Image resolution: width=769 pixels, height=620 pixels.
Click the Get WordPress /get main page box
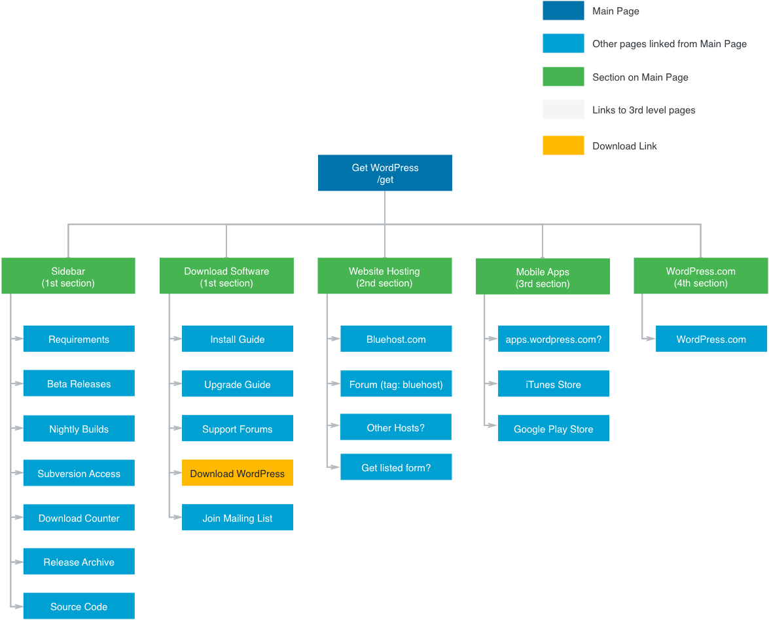[384, 173]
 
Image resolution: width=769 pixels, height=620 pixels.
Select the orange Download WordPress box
[238, 473]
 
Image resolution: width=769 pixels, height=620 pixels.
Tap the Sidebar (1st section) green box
[68, 277]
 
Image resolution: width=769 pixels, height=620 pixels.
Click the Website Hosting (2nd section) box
[384, 277]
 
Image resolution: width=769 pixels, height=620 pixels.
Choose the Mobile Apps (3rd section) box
[543, 277]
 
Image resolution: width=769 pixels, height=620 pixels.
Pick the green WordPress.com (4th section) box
[700, 277]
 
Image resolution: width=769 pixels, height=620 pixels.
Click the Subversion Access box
[79, 473]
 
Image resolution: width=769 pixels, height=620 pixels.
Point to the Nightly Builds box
[79, 429]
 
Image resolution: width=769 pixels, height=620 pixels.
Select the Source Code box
[79, 606]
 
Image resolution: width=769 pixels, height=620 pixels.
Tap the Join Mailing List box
[238, 518]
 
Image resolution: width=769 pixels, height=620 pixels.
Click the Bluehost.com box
[396, 339]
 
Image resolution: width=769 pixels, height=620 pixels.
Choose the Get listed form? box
[396, 467]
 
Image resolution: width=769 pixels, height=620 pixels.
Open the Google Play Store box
[554, 429]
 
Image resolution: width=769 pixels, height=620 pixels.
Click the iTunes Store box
[554, 384]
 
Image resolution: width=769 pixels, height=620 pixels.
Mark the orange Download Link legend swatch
[563, 145]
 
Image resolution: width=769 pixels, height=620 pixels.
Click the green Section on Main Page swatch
[563, 77]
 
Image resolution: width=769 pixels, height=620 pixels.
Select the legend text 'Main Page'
[616, 11]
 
